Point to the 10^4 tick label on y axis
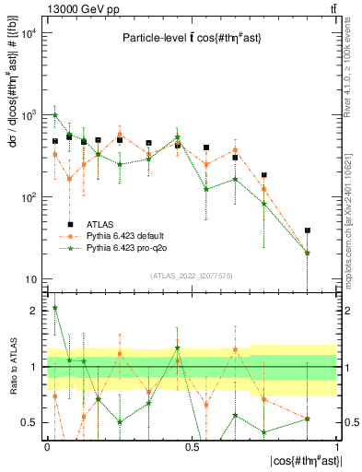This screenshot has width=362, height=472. pyautogui.click(x=29, y=33)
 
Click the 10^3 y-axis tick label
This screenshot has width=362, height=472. pyautogui.click(x=29, y=115)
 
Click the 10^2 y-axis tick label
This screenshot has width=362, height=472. pyautogui.click(x=29, y=197)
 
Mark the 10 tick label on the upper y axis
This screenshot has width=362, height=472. pyautogui.click(x=30, y=279)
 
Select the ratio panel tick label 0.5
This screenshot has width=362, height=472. pyautogui.click(x=30, y=423)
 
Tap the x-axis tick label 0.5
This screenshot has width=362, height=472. pyautogui.click(x=192, y=446)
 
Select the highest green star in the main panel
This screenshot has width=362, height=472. pyautogui.click(x=55, y=115)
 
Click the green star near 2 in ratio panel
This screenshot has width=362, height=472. pyautogui.click(x=55, y=308)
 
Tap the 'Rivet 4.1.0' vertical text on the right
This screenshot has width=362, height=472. pyautogui.click(x=353, y=65)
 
